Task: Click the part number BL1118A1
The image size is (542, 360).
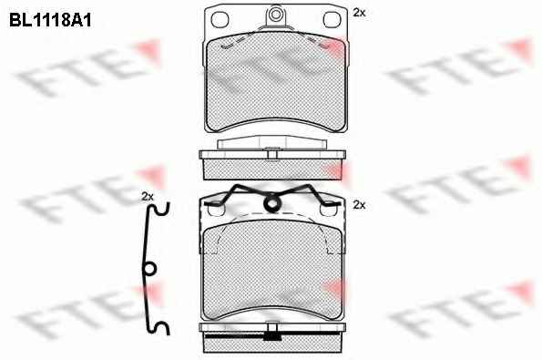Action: point(50,20)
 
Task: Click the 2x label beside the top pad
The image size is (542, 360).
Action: point(359,13)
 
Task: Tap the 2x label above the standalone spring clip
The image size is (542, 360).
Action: point(148,197)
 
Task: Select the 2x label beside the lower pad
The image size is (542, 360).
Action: point(359,205)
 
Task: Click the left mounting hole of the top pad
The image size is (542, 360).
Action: point(220,19)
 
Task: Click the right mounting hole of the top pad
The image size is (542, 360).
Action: point(332,19)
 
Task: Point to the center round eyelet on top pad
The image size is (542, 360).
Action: point(275,15)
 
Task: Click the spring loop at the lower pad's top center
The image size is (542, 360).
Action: point(272,203)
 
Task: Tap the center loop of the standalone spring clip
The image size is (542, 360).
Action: point(149,269)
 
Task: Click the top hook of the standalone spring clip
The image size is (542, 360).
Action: point(161,209)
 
